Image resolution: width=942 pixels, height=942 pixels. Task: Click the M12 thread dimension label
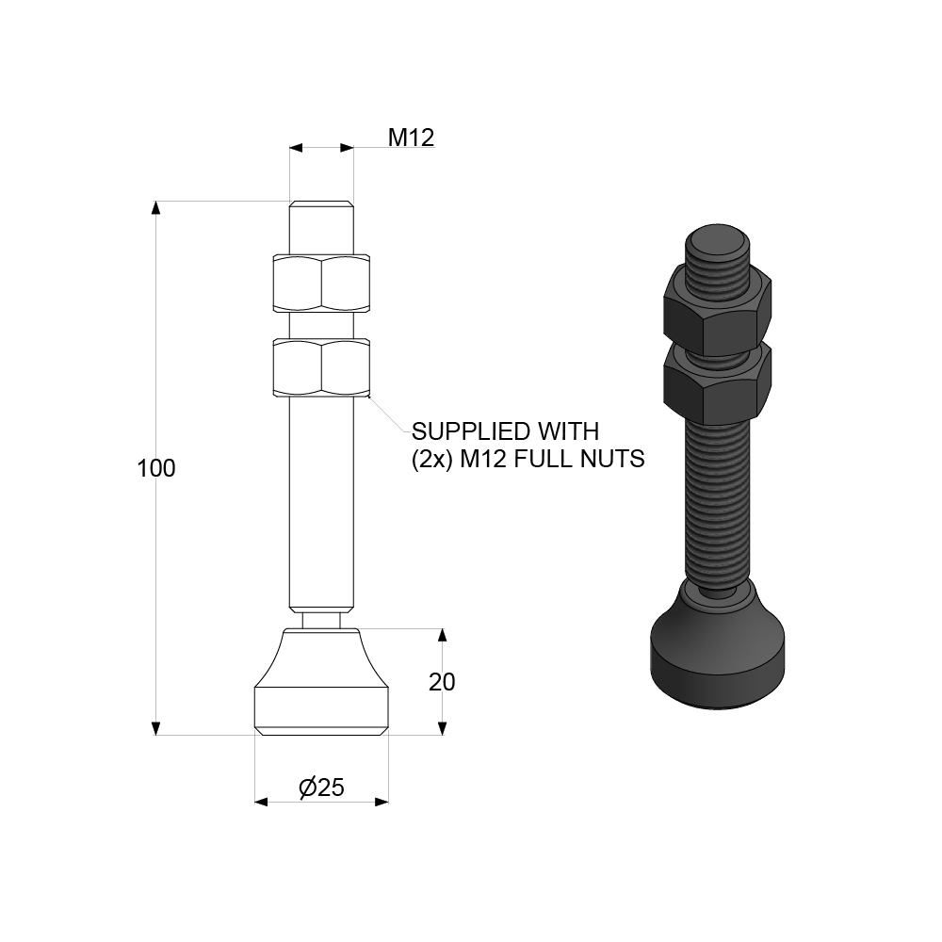pos(411,138)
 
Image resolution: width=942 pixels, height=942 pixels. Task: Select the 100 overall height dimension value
pos(156,468)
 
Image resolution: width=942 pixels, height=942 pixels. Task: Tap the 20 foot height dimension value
pos(442,682)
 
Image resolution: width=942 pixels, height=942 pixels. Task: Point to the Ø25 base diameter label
pos(321,788)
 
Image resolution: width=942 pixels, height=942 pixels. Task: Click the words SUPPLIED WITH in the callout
pos(505,432)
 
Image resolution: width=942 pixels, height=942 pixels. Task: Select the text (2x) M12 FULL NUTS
pos(528,460)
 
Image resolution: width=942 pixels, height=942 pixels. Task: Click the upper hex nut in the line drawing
pos(320,283)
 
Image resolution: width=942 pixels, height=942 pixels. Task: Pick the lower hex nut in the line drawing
pos(320,367)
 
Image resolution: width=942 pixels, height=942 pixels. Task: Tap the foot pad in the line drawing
pos(321,688)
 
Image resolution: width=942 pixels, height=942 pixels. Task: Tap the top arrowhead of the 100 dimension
pos(156,208)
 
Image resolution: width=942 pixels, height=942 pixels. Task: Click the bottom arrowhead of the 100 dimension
pos(156,728)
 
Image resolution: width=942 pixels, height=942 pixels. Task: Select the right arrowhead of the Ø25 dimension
pos(382,802)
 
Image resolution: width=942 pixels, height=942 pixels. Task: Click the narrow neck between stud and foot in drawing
pos(321,619)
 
